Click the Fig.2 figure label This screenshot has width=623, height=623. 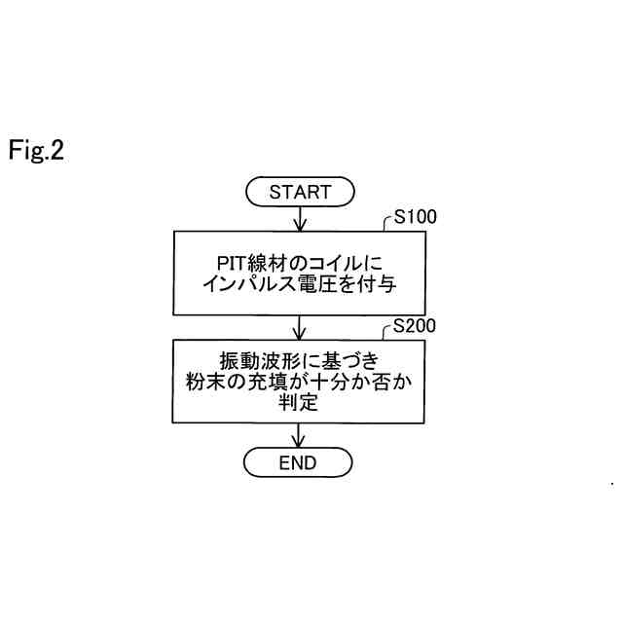pos(37,151)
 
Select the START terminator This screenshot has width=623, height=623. pos(299,192)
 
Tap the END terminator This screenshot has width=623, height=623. pos(298,463)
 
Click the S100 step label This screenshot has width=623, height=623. pos(414,217)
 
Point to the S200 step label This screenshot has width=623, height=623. pos(414,326)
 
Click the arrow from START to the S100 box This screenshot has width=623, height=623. pos(299,219)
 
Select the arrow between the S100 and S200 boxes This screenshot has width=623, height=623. pos(299,326)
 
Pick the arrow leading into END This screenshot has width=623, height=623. pos(299,436)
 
